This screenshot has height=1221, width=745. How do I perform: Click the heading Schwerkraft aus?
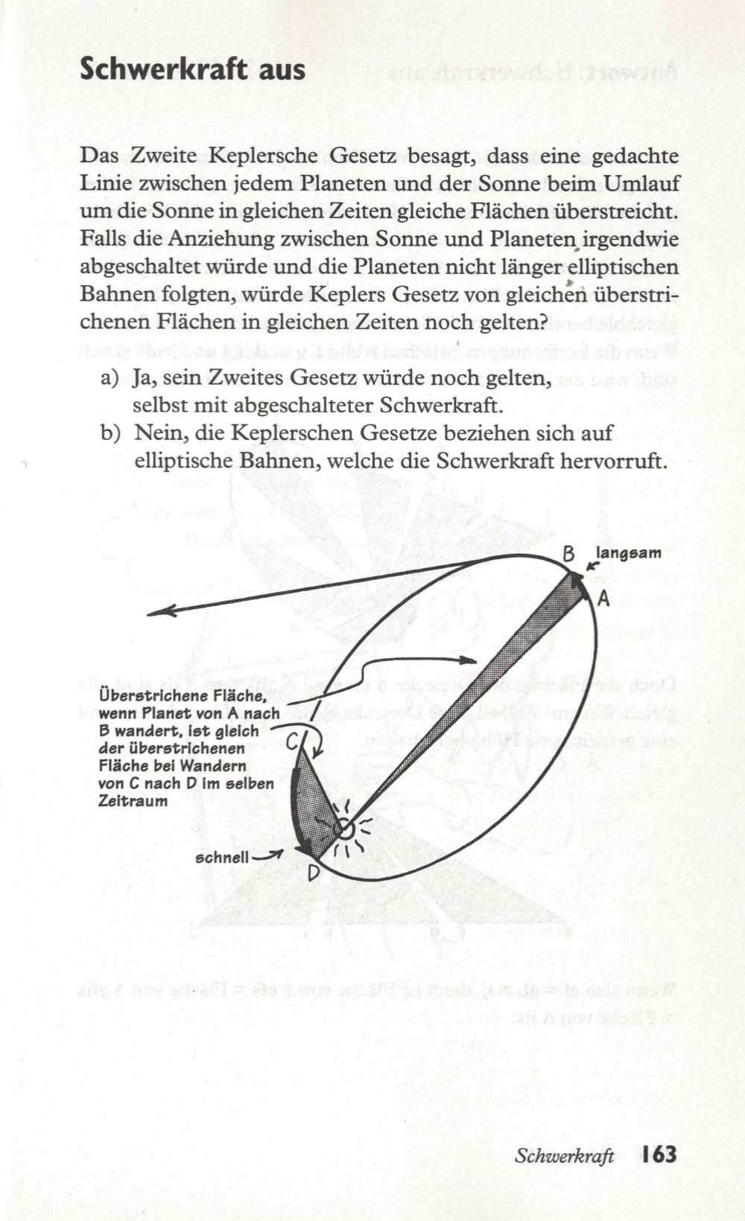tap(192, 69)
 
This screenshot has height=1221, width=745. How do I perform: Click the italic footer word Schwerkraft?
tap(564, 1155)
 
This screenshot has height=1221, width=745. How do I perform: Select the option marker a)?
tap(110, 378)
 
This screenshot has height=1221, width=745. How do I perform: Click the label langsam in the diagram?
tap(629, 552)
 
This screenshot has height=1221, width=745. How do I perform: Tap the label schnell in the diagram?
tap(222, 858)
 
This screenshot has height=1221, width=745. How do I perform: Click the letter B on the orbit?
tap(568, 554)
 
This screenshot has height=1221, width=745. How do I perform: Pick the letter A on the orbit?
tap(603, 598)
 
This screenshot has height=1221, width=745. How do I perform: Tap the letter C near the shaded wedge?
tap(293, 739)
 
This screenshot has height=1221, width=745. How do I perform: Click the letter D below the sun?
tap(314, 871)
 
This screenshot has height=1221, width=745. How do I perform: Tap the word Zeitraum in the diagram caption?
tap(133, 801)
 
